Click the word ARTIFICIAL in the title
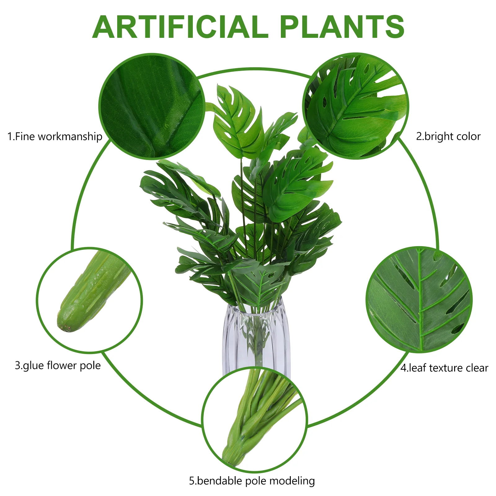(x=180, y=27)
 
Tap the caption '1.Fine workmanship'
(x=55, y=136)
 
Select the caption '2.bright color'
(x=448, y=136)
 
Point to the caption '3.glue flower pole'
(x=58, y=365)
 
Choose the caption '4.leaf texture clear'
(x=444, y=368)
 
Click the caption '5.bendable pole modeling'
(x=252, y=481)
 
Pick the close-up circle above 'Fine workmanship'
(x=152, y=106)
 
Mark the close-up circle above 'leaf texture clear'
(x=419, y=300)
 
